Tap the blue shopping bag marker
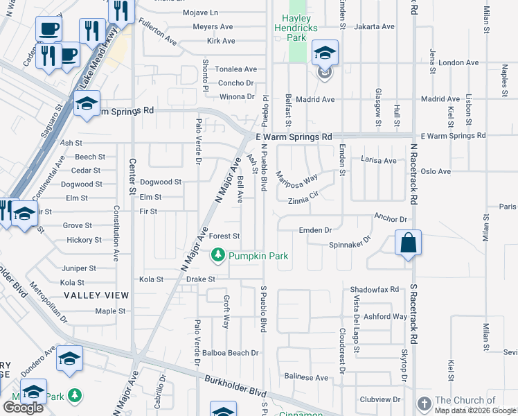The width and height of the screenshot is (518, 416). (409, 244)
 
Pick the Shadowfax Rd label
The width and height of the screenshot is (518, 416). (375, 289)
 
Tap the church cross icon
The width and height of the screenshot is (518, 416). (424, 403)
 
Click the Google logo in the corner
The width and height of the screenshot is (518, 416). (23, 408)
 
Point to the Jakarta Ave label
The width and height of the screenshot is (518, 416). (374, 26)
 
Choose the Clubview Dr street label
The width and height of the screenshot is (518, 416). (380, 400)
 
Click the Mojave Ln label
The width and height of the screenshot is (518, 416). (200, 12)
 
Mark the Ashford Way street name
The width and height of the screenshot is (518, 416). (386, 316)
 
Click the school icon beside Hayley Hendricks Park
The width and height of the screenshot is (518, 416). (325, 52)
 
